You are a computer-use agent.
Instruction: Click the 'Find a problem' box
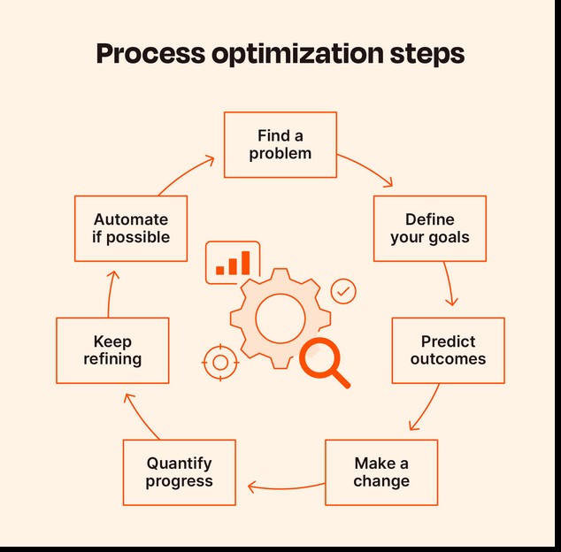(280, 144)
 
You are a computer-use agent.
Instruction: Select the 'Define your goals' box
(430, 228)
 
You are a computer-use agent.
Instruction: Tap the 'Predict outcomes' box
(449, 350)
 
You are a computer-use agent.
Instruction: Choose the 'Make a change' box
(381, 472)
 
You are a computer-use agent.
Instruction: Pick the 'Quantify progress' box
(180, 472)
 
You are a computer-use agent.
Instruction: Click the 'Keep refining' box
(112, 350)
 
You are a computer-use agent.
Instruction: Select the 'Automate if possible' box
(131, 228)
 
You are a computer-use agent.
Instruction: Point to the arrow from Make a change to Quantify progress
(286, 488)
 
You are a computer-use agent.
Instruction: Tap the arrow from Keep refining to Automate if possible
(109, 294)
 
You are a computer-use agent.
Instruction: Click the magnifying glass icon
(324, 362)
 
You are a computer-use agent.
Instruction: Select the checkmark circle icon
(343, 291)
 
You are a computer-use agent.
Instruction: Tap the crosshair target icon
(220, 363)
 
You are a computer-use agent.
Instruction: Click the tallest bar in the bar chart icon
(245, 263)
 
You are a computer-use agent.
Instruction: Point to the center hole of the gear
(280, 318)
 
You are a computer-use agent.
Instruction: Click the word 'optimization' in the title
(297, 54)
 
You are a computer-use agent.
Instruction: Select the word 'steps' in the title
(427, 54)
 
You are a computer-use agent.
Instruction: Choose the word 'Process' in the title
(150, 54)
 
